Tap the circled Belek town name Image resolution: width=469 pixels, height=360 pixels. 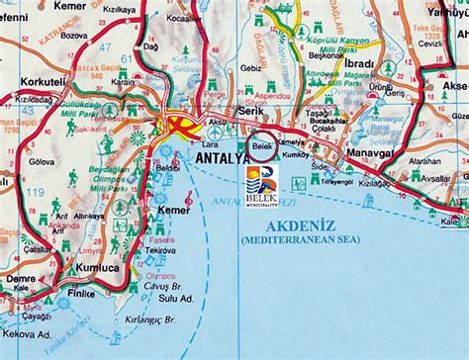point(262,145)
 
